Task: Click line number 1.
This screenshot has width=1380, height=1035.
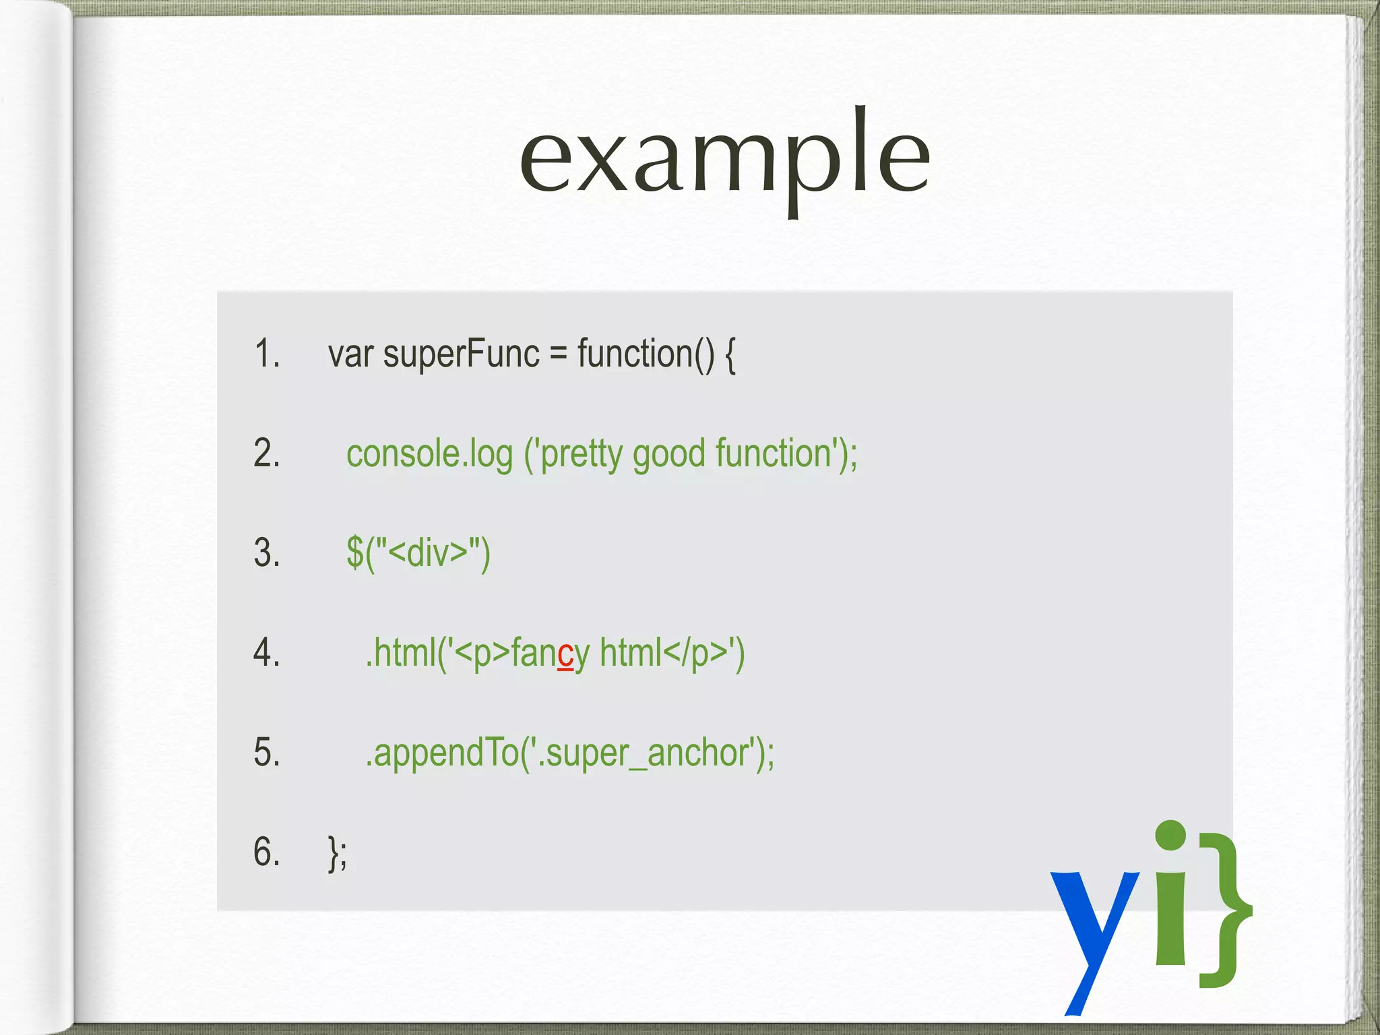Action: click(267, 354)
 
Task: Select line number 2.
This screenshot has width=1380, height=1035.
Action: click(267, 453)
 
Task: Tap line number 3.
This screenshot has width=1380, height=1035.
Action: click(267, 553)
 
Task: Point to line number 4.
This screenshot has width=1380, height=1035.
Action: click(267, 652)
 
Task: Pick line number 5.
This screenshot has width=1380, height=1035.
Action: click(267, 752)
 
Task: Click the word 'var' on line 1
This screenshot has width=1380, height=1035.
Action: click(350, 355)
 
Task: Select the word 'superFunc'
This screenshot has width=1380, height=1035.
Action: click(461, 355)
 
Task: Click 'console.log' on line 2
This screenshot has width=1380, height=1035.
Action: click(429, 454)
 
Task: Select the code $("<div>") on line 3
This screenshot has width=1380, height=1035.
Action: click(418, 554)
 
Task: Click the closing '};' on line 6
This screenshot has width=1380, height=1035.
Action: click(338, 853)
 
